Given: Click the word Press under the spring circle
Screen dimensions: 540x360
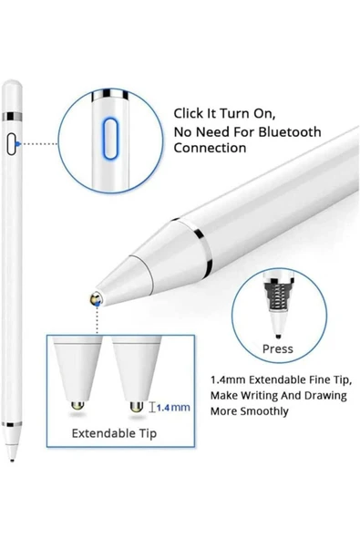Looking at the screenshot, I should tap(277, 348).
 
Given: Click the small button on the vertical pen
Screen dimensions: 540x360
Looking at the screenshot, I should tap(12, 143).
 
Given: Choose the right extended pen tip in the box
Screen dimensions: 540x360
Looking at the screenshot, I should tap(136, 374).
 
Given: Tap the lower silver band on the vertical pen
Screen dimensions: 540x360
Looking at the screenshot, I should tap(12, 424).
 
